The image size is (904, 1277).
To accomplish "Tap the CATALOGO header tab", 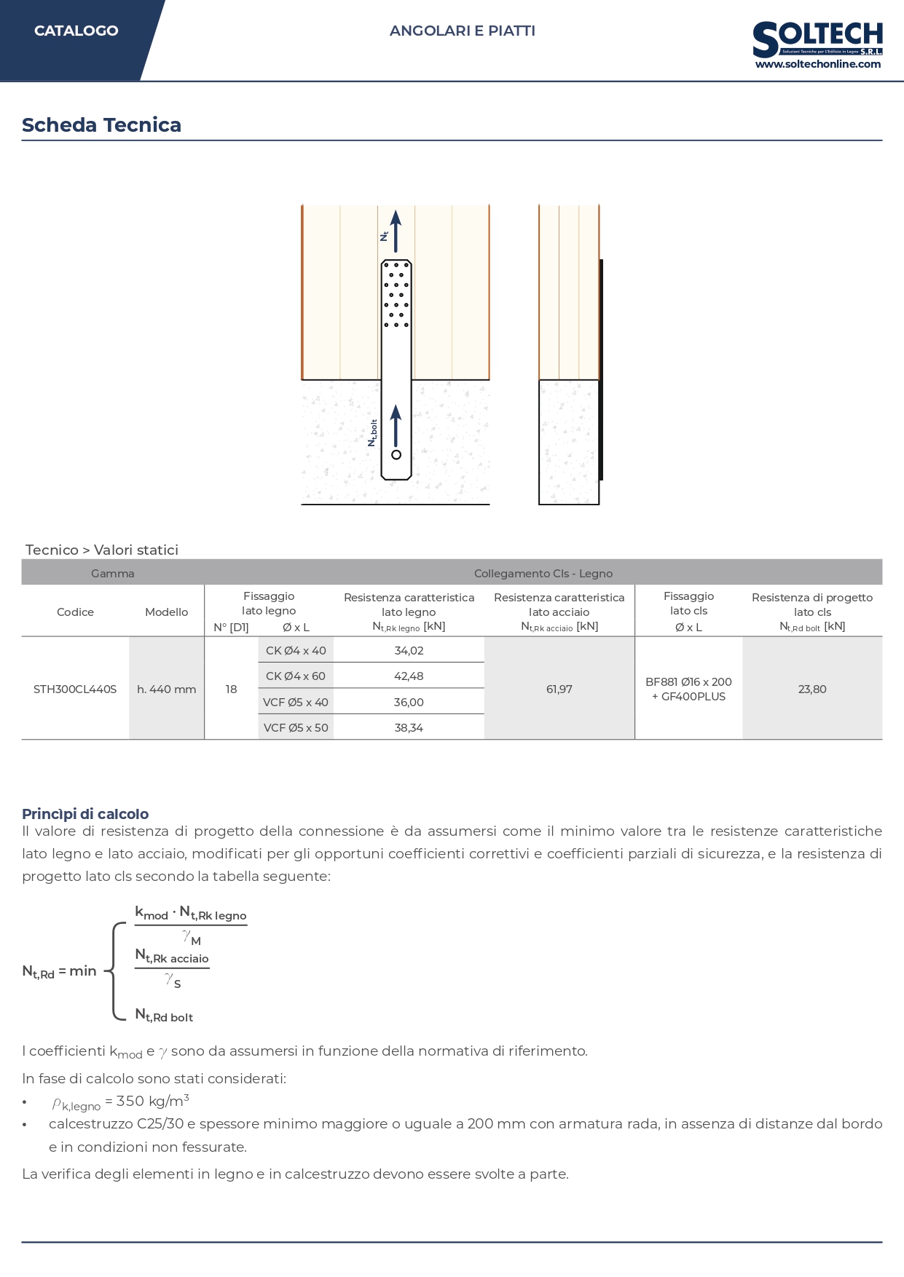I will tap(76, 31).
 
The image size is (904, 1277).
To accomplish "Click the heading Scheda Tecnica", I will tap(101, 125).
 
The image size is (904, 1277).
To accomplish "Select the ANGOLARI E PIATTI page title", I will tap(463, 31).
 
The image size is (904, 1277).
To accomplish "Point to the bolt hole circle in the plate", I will tap(396, 455).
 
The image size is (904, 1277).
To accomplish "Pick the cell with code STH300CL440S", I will tap(75, 689).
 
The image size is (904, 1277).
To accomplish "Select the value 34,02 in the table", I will tap(409, 651).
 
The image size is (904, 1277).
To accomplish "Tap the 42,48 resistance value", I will tap(409, 676).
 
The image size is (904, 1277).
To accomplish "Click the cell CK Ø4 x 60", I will tap(296, 676).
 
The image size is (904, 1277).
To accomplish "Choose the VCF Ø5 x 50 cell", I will tap(296, 728).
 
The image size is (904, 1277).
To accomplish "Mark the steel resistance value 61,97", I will tap(559, 689).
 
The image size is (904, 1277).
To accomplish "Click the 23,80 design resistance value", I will tap(812, 689).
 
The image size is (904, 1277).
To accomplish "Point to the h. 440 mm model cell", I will tap(167, 689).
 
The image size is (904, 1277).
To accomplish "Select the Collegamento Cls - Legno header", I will tap(543, 574).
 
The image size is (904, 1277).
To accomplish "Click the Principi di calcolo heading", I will tap(85, 814).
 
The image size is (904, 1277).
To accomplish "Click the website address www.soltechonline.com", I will tap(818, 64).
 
